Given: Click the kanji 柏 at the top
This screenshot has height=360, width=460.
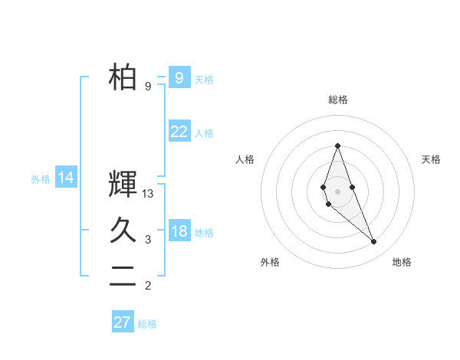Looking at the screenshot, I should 123,77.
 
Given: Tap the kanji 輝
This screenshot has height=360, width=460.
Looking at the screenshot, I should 123,185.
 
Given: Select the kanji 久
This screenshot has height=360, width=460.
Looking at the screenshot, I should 123,231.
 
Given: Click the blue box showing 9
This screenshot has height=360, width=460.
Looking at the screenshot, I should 179,77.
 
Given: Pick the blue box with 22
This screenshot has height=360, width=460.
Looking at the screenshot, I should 179,132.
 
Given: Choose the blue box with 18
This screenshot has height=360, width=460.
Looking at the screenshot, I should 179,231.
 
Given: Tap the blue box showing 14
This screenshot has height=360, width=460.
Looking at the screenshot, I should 66,178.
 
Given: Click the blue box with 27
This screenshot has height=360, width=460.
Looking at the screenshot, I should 123,322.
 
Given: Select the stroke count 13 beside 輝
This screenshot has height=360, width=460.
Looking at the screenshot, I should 149,195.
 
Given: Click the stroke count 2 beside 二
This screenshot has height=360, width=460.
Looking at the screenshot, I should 148,286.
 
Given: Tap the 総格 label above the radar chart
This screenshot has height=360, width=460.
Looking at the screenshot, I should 338,100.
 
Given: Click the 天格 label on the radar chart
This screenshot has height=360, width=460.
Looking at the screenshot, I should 432,159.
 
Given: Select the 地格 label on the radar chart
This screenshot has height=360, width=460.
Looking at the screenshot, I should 402,262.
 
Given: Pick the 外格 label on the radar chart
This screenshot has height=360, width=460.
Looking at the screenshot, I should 270,262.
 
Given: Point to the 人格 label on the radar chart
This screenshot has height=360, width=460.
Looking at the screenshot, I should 245,159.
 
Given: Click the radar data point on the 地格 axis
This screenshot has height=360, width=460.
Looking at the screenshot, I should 374,242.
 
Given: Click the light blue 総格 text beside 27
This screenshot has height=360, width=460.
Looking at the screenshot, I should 147,324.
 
